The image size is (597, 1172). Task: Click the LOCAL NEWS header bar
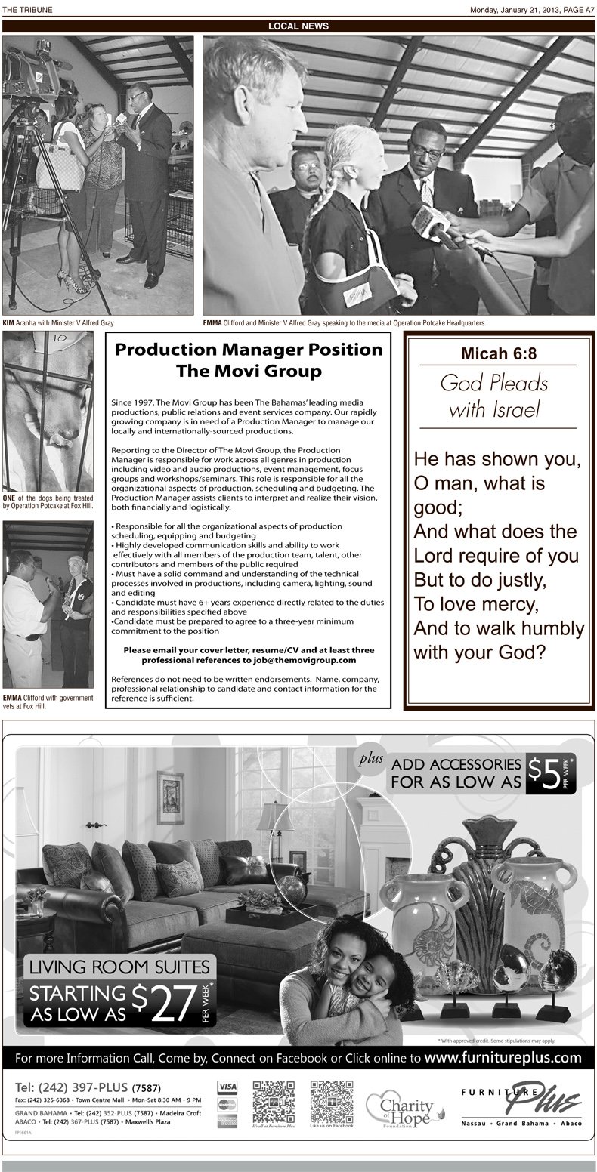pyautogui.click(x=298, y=26)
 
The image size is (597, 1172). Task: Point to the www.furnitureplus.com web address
pyautogui.click(x=503, y=1057)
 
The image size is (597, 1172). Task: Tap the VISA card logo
pyautogui.click(x=227, y=1087)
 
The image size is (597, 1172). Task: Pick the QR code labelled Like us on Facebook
pyautogui.click(x=331, y=1103)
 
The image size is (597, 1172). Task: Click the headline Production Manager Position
pyautogui.click(x=249, y=350)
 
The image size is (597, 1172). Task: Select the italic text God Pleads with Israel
pyautogui.click(x=493, y=396)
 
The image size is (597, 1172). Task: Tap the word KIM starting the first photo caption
pyautogui.click(x=8, y=323)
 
